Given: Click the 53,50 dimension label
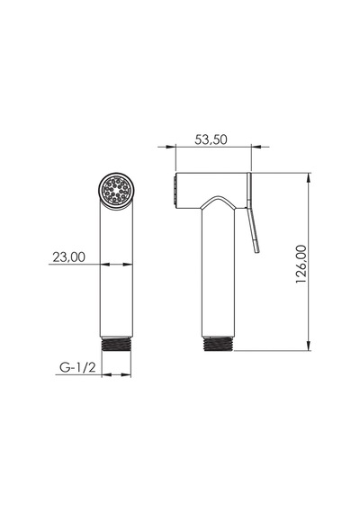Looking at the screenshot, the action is [211, 139].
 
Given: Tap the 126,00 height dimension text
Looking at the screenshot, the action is [301, 264].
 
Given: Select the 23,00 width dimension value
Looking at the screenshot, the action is [68, 256].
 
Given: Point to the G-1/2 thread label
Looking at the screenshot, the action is [77, 367].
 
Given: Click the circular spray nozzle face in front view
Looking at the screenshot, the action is [116, 190].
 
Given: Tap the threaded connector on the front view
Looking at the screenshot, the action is [116, 344].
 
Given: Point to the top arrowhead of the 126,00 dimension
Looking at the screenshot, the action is [309, 178].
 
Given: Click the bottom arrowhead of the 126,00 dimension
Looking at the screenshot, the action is [309, 346].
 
